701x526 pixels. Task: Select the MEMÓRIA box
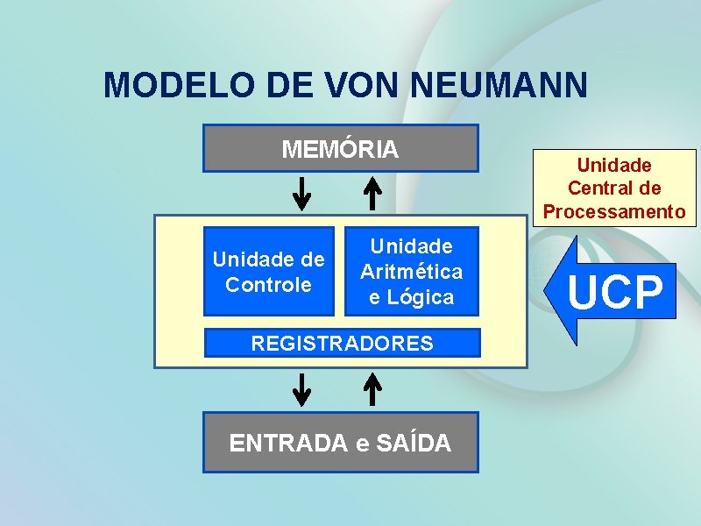341,148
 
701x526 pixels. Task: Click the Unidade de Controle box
269,272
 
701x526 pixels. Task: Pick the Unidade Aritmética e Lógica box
411,272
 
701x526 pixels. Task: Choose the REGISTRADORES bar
342,343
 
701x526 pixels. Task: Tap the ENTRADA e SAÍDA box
341,443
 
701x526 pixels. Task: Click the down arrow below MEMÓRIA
301,194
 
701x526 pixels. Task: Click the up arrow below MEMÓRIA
372,194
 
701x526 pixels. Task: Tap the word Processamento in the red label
614,211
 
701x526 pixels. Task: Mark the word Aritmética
411,272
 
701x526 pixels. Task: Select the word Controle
269,284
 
